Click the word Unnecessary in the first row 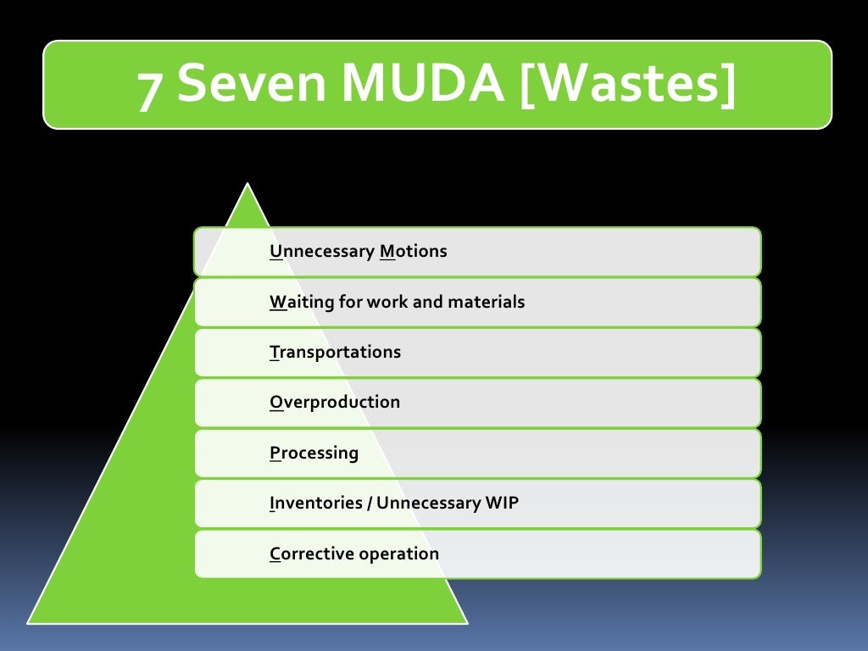pos(321,252)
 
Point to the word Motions pos(414,252)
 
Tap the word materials pos(486,302)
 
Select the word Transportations pos(335,352)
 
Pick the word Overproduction pos(335,402)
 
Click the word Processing pos(314,453)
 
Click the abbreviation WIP pos(502,503)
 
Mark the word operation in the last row pos(398,554)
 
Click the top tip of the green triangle pos(247,185)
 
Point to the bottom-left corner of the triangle pos(30,622)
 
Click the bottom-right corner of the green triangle pos(465,622)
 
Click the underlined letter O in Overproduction pos(275,402)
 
